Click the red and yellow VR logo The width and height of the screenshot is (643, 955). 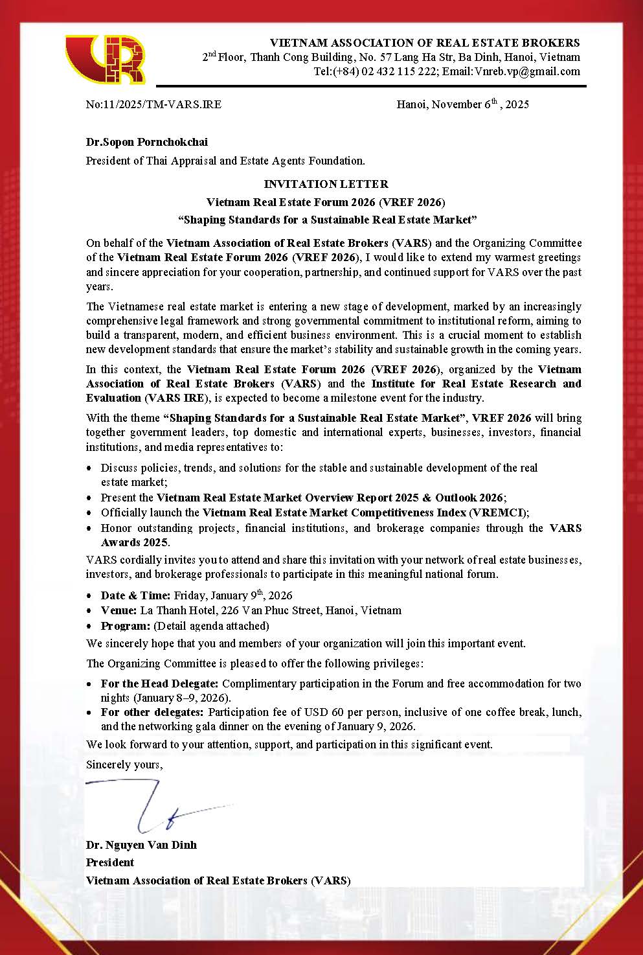click(x=106, y=60)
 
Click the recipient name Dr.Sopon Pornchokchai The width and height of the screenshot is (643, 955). click(x=147, y=142)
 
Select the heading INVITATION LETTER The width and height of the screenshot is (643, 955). click(x=326, y=184)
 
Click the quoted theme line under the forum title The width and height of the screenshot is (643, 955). click(x=326, y=220)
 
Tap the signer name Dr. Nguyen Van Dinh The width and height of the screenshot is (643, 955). click(x=141, y=845)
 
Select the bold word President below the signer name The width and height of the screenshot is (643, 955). click(x=110, y=862)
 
